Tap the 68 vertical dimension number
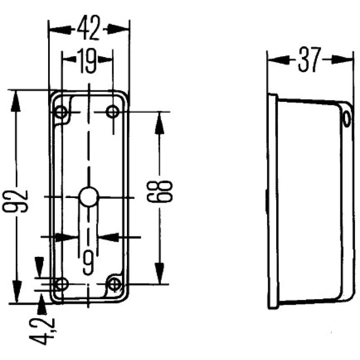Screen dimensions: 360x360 pos(165,192)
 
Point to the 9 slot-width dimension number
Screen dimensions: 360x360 pos(89,262)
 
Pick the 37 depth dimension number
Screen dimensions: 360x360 pos(310,59)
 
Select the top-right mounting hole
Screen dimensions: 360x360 pos(112,111)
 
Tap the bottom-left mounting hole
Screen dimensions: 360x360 pos(61,284)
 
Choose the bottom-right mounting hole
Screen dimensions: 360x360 pos(116,284)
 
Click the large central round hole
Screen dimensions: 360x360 pos(89,197)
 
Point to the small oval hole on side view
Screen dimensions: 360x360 pos(346,119)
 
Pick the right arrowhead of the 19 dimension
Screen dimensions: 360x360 pos(106,59)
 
